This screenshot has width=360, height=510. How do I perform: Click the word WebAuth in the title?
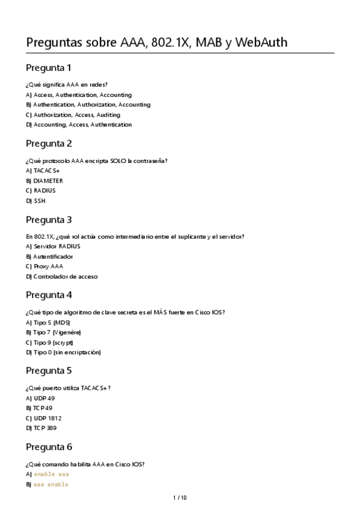(x=262, y=43)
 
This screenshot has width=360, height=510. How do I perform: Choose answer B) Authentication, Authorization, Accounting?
(x=88, y=105)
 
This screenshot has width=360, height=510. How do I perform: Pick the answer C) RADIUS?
(x=41, y=191)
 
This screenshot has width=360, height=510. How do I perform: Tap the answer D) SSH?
(x=35, y=201)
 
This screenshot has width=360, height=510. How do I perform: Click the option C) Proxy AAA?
(x=44, y=266)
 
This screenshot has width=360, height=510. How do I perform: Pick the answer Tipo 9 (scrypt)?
(x=49, y=342)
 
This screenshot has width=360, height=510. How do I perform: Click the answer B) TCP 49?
(x=39, y=408)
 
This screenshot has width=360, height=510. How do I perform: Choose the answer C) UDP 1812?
(x=44, y=418)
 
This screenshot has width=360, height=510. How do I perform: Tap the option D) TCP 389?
(x=41, y=428)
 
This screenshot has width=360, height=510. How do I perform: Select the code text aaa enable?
(x=50, y=484)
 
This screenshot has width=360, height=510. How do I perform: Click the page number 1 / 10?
(x=180, y=497)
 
